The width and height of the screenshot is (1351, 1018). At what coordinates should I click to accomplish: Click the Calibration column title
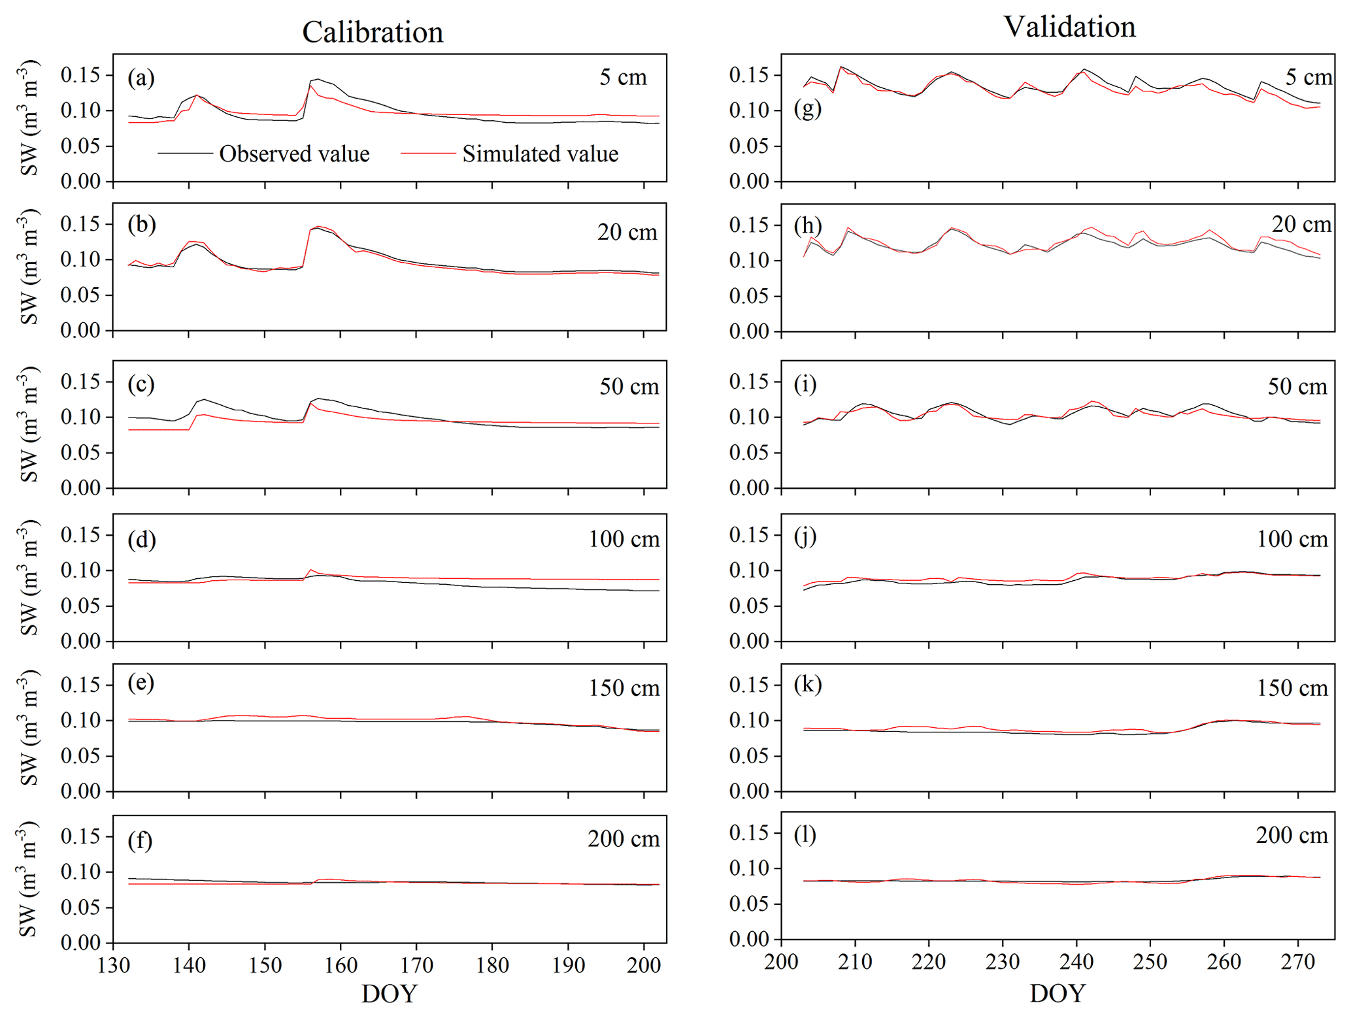coord(373,32)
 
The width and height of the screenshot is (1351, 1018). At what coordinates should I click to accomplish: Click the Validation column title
coord(1069,27)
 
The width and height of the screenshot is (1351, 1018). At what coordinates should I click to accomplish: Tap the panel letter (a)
coord(141,78)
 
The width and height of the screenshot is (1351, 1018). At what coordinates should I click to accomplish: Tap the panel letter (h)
coord(808,225)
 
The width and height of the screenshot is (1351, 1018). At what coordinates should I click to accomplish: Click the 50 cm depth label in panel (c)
coord(629,386)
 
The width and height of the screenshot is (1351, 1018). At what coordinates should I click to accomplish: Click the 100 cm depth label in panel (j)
coord(1292,539)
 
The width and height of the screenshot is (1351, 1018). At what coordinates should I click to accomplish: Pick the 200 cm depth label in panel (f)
coord(623,838)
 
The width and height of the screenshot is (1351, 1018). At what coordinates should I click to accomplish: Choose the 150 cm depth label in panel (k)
coord(1292,688)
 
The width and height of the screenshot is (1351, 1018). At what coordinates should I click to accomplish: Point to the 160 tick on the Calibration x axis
coord(341,965)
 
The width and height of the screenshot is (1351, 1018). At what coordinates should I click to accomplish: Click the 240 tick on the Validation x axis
coord(1076,962)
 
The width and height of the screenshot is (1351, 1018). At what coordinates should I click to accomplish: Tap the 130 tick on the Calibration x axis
coord(114,965)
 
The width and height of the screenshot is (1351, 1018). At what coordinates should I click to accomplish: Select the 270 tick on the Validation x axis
coord(1297,962)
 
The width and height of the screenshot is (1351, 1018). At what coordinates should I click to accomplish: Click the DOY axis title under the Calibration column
coord(389,994)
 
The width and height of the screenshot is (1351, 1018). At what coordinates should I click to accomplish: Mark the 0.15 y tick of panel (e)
coord(81,685)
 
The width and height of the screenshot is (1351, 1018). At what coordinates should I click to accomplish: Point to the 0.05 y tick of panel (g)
coord(749,146)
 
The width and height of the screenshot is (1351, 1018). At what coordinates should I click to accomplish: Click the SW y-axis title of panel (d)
coord(29,578)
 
